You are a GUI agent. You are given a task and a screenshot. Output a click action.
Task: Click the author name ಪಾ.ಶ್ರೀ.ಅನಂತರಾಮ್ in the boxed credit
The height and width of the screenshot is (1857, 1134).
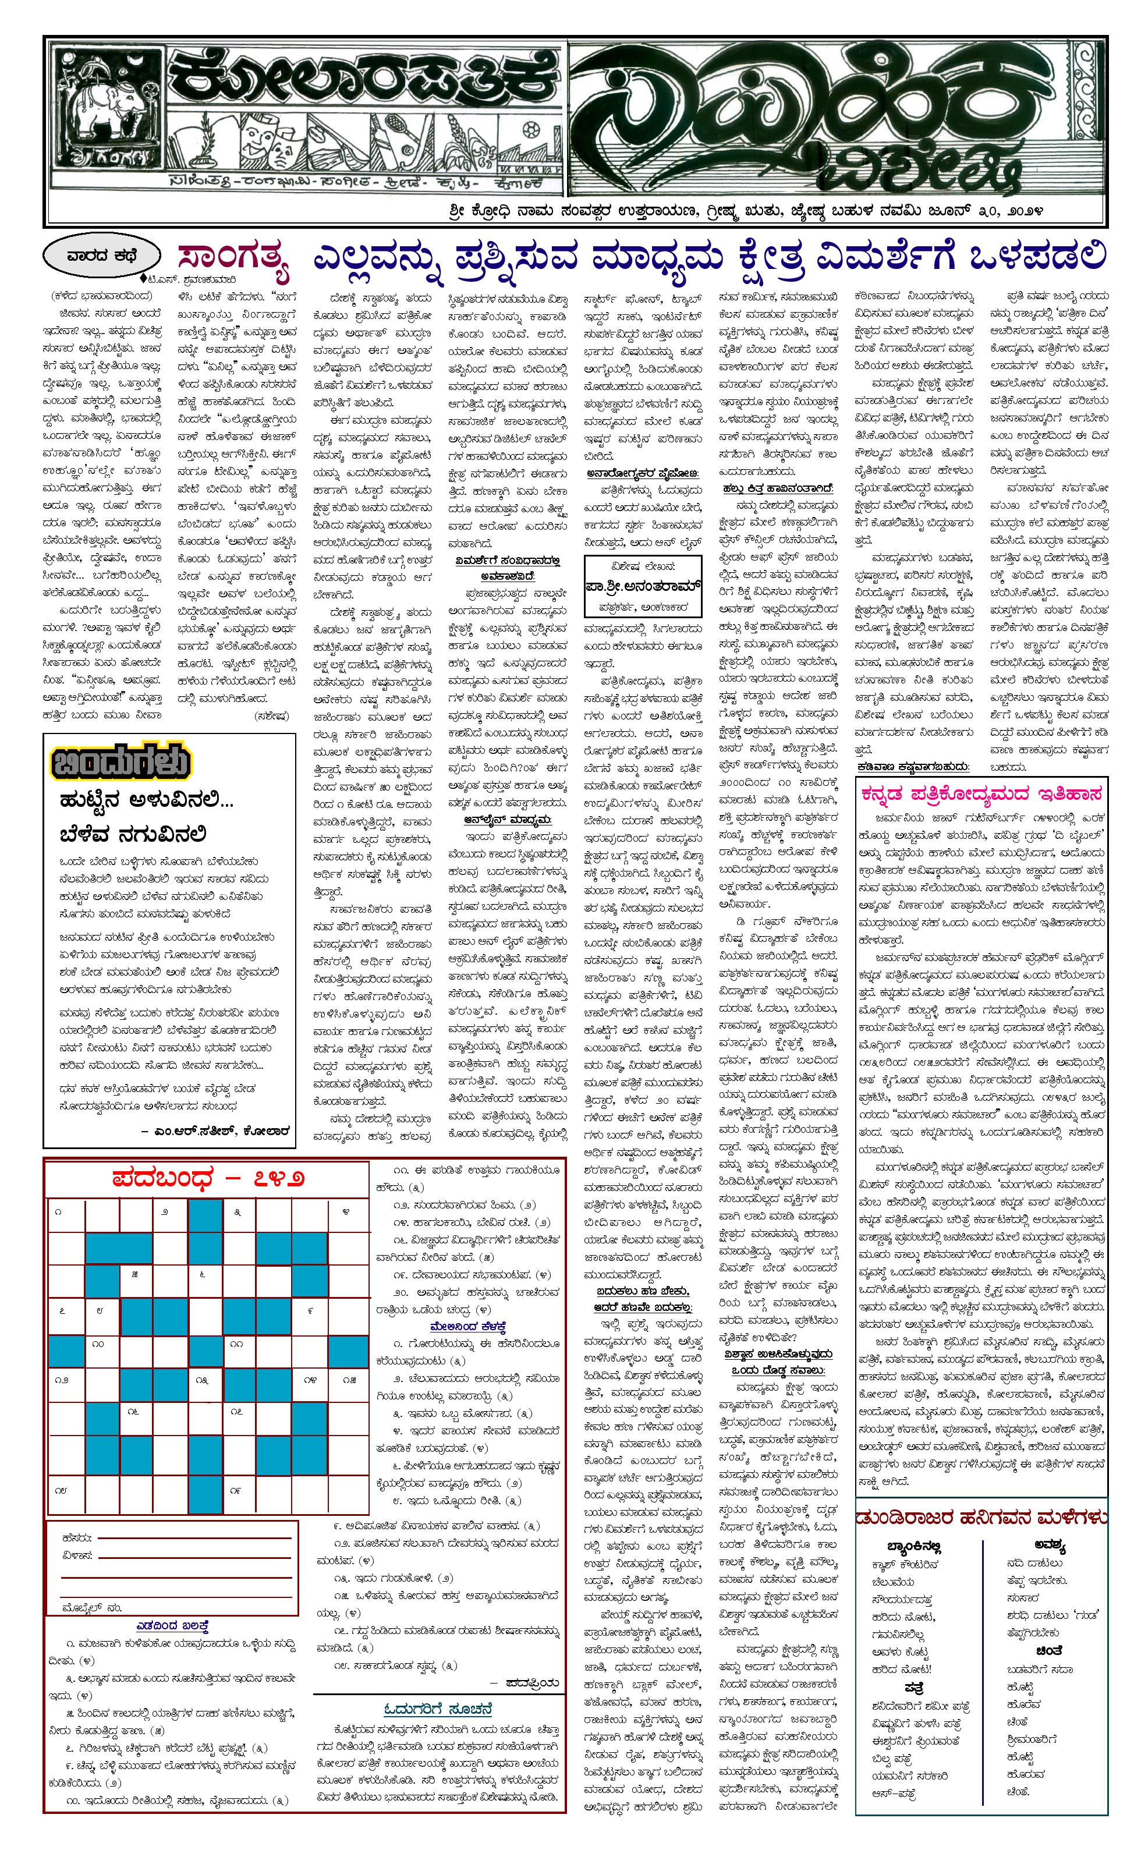point(642,586)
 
